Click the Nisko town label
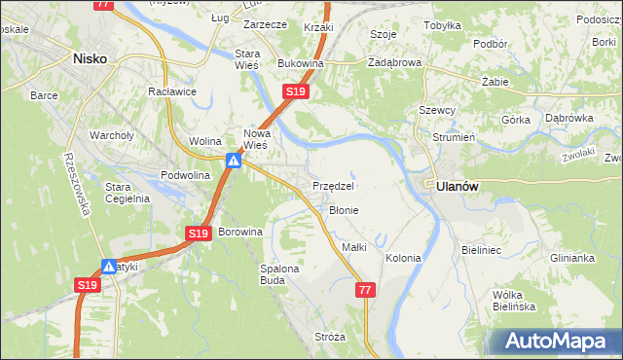pos(90,58)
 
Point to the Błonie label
pos(344,210)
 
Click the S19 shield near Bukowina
pos(296,91)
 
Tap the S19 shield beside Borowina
pos(199,234)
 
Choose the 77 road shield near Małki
pos(365,290)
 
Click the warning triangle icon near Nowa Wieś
pos(234,161)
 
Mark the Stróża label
pos(330,337)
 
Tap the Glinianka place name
pos(571,258)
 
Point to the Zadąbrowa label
pos(394,62)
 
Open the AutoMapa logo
pos(556,341)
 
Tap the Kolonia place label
pos(403,258)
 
